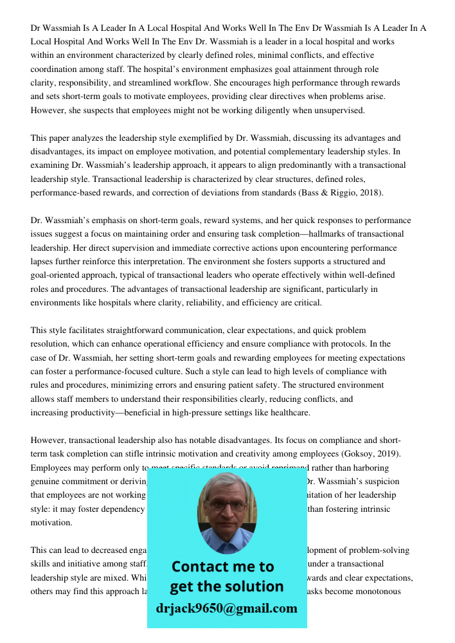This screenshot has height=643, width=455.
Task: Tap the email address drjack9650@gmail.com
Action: tap(226, 608)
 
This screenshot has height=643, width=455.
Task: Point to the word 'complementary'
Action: tap(288, 152)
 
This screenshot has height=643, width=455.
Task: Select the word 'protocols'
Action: tap(353, 344)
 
